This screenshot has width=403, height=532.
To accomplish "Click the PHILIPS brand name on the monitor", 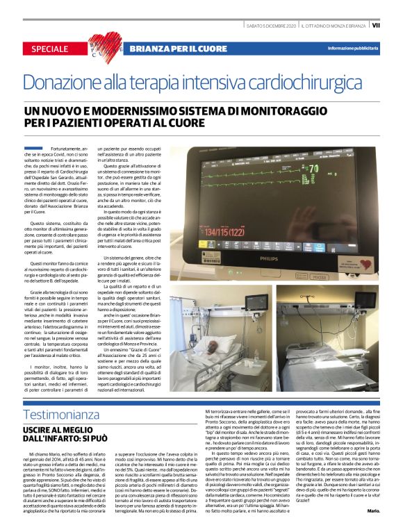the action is tap(287, 256).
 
